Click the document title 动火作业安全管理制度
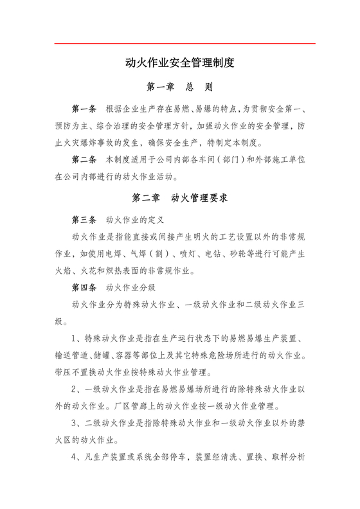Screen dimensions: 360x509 179,63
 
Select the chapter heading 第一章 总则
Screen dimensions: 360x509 179,87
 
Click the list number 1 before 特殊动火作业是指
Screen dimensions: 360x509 76,337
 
